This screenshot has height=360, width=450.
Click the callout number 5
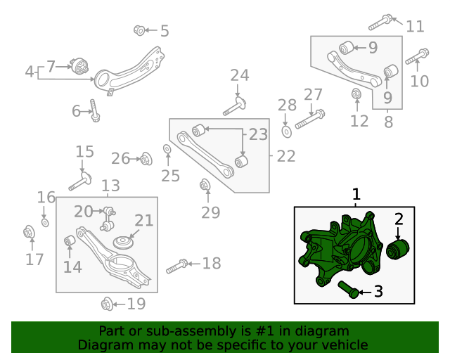(x=165, y=31)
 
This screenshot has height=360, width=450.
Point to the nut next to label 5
(x=139, y=30)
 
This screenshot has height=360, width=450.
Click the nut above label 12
(x=356, y=93)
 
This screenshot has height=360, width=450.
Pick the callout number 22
(x=285, y=156)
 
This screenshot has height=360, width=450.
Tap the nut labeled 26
(x=146, y=159)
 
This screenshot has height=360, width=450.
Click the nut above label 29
(x=205, y=186)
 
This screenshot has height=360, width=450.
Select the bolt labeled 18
(x=176, y=266)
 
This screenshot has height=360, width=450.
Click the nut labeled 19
(x=108, y=304)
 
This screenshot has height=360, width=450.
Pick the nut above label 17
(x=30, y=232)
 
